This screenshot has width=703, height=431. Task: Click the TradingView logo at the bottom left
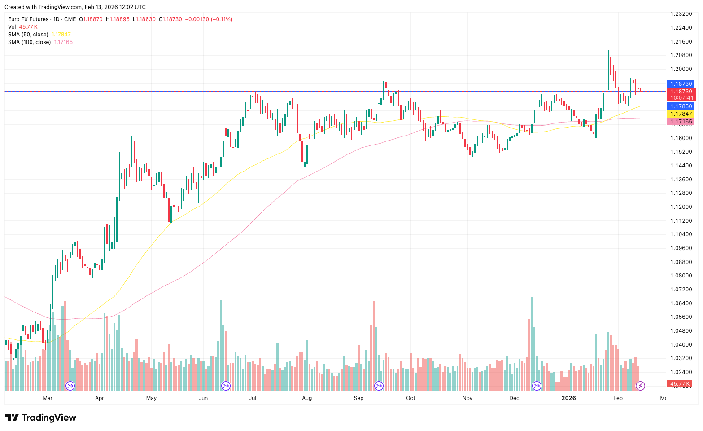41,418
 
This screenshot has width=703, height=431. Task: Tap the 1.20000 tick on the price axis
681,69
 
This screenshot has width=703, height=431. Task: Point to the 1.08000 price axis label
681,276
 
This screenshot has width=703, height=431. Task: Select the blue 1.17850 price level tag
681,106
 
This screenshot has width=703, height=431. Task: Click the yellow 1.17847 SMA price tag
681,114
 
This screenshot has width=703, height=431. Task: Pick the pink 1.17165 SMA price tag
681,122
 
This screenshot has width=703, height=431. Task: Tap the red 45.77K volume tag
680,384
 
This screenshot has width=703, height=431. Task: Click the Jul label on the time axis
253,398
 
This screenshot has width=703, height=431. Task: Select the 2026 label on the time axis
568,398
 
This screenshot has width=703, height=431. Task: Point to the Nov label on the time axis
467,398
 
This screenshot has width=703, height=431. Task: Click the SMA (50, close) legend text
28,35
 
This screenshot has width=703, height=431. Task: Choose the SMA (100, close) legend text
30,42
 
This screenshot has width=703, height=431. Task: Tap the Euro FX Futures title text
28,19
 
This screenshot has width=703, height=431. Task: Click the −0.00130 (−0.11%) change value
209,19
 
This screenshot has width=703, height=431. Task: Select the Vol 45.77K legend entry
22,27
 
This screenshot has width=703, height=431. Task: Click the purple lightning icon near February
641,386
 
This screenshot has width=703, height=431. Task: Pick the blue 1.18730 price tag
681,84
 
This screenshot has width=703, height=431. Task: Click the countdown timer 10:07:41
682,98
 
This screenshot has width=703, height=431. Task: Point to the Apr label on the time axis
100,398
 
